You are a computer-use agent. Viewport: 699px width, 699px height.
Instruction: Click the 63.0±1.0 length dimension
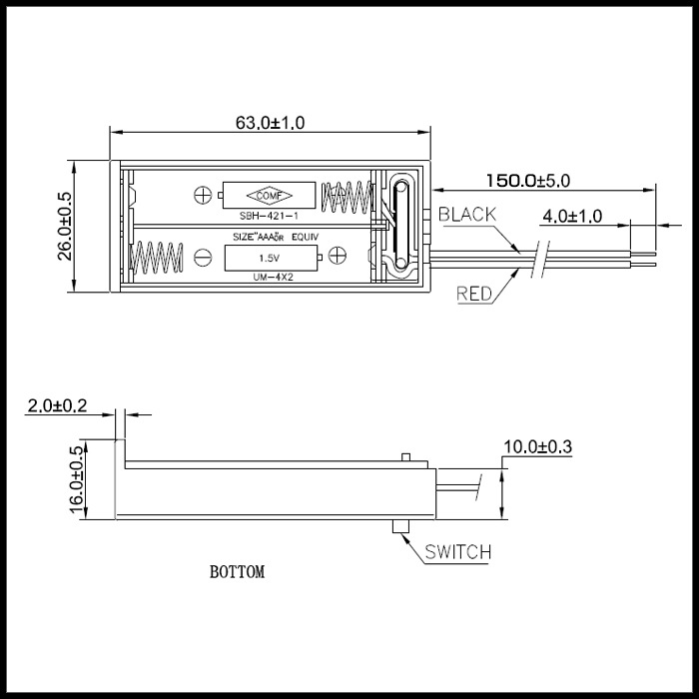(271, 123)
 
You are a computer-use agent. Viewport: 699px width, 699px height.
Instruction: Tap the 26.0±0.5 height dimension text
(65, 226)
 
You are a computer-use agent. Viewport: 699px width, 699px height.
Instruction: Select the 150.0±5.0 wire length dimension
(528, 181)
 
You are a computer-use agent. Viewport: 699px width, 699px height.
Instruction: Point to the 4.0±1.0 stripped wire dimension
(572, 217)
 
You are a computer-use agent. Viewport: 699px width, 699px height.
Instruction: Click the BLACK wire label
(467, 215)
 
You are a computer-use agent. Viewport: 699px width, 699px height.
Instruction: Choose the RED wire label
(474, 294)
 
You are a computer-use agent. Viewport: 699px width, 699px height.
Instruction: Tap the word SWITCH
(457, 552)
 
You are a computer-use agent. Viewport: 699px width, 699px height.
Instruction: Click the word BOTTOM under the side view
(238, 571)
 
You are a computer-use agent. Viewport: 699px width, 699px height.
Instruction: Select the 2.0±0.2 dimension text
(58, 406)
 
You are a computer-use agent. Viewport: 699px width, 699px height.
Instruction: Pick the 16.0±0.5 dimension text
(77, 479)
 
